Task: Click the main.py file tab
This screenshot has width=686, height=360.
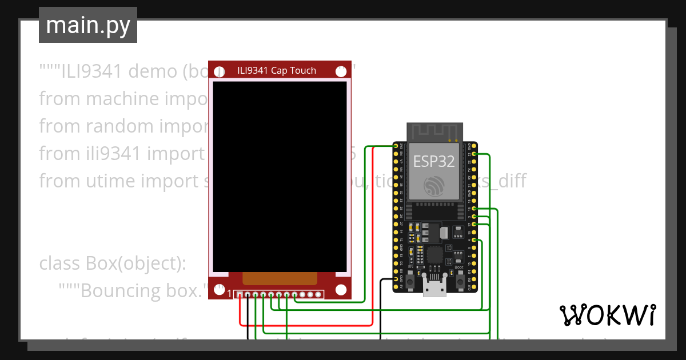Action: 87,26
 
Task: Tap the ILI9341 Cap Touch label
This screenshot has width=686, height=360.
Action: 277,70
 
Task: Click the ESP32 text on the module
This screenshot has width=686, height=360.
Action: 434,161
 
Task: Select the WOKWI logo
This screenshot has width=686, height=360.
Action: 607,315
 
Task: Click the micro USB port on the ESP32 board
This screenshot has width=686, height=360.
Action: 434,289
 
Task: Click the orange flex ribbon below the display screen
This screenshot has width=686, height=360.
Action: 280,278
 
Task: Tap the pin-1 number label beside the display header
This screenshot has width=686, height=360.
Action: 230,294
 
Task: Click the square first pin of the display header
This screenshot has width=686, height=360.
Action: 240,295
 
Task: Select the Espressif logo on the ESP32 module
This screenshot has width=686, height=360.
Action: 434,186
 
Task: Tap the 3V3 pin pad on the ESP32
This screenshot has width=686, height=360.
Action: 396,146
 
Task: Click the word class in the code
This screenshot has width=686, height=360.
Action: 61,263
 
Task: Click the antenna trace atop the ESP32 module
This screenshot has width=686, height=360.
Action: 434,131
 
